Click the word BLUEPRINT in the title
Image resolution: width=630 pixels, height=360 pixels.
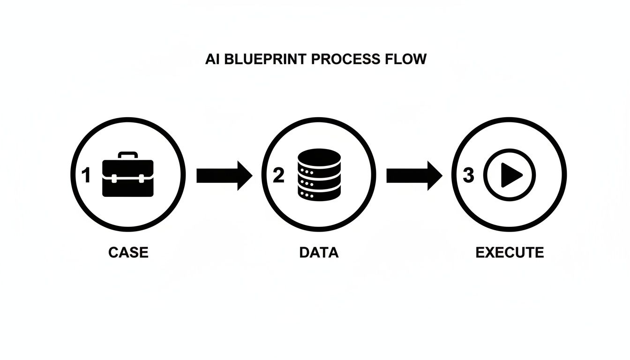[x=262, y=60]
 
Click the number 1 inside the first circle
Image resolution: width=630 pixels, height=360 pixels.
[x=85, y=176]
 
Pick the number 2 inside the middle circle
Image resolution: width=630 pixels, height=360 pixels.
[x=278, y=176]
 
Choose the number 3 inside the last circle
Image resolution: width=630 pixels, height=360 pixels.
[x=468, y=176]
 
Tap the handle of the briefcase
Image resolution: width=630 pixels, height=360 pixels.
[x=127, y=155]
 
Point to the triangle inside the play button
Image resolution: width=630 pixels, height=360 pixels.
[x=511, y=176]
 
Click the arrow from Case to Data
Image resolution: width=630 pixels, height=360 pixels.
[x=224, y=176]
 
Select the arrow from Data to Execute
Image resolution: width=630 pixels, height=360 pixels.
[x=414, y=176]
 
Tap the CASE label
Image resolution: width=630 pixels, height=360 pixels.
[x=128, y=253]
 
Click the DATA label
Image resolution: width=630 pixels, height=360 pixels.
[x=319, y=253]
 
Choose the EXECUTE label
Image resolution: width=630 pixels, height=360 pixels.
[x=510, y=253]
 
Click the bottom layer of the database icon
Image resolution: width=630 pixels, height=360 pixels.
[x=318, y=193]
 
